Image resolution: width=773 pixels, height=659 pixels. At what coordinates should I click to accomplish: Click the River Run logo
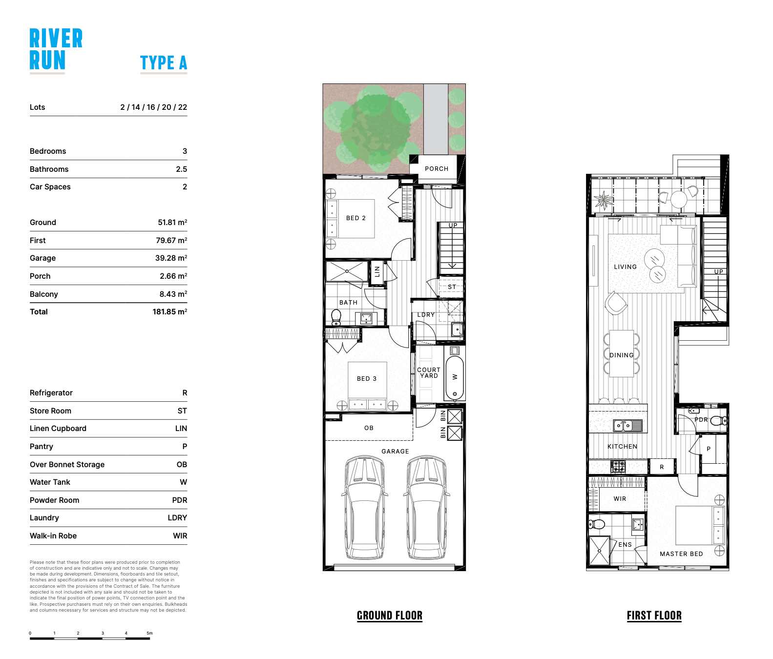(x=56, y=50)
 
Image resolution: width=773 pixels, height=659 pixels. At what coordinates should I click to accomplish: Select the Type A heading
(x=163, y=63)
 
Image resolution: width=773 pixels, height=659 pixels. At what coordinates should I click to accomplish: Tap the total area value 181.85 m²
(x=169, y=312)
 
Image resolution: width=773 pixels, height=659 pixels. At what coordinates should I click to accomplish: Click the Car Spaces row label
(x=50, y=187)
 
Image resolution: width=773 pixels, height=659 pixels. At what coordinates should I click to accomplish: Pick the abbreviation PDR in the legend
(x=179, y=500)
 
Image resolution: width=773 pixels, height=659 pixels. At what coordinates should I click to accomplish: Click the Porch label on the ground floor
(x=436, y=169)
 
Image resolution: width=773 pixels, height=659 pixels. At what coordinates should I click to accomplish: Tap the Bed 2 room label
(x=355, y=218)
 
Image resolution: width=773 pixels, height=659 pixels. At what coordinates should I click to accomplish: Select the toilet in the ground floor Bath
(x=336, y=317)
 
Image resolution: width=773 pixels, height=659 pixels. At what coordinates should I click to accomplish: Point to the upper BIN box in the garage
(x=455, y=416)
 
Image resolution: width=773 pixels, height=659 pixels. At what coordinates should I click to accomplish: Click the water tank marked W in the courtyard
(x=455, y=376)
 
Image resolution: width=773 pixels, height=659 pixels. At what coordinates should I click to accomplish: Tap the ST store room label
(x=452, y=287)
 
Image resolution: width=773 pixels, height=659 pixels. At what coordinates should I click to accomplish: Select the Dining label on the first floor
(x=621, y=355)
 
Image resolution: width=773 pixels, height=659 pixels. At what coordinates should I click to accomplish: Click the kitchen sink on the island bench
(x=628, y=426)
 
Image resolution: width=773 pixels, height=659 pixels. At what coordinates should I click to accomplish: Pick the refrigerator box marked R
(x=662, y=467)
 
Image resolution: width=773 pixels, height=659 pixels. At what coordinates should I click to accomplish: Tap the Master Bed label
(x=681, y=554)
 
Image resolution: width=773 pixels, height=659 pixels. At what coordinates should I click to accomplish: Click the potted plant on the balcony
(x=604, y=200)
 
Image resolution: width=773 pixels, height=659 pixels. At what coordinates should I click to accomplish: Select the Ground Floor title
(x=389, y=616)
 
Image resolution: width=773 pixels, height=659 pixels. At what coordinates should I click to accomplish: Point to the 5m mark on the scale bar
(x=149, y=634)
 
